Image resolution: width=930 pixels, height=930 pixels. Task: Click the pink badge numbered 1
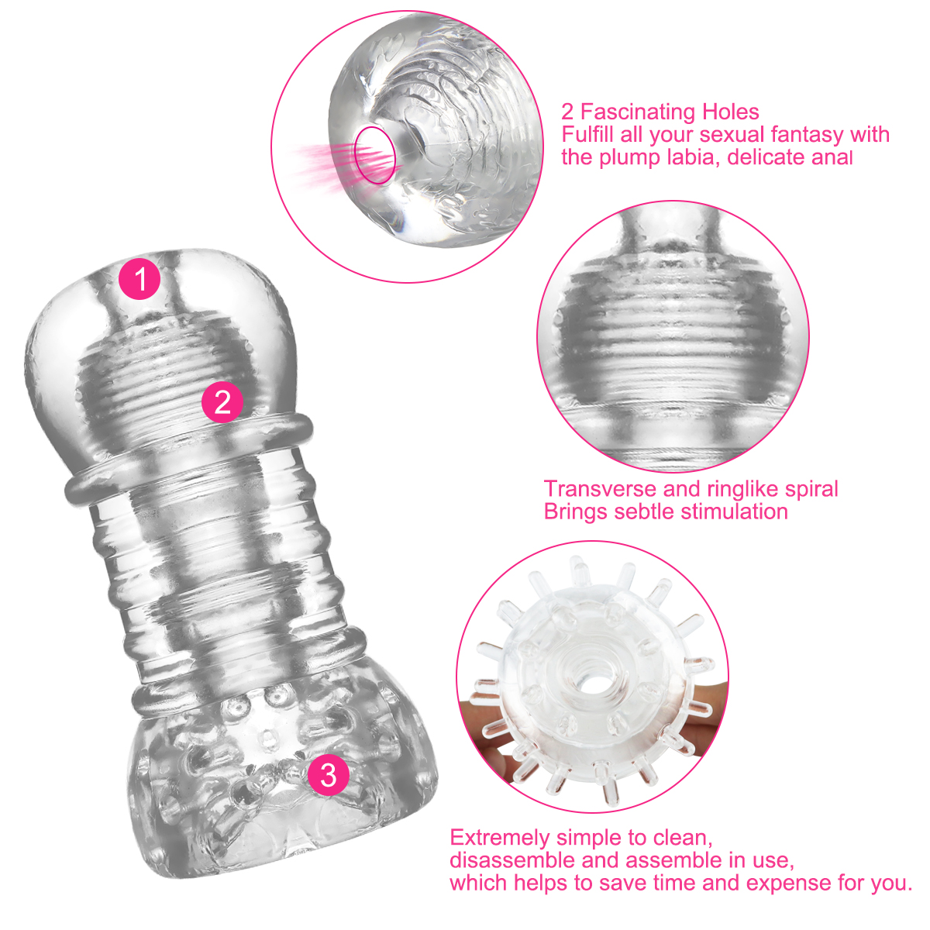coord(140,278)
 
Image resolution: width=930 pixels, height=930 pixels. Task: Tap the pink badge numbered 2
coord(222,401)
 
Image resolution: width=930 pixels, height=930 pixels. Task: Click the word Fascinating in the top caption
coord(637,112)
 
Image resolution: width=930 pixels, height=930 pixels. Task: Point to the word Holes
coord(730,112)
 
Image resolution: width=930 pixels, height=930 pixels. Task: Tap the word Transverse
coord(600,489)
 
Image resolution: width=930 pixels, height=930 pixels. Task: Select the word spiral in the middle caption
coord(811,489)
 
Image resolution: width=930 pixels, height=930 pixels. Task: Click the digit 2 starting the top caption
coord(567,112)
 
